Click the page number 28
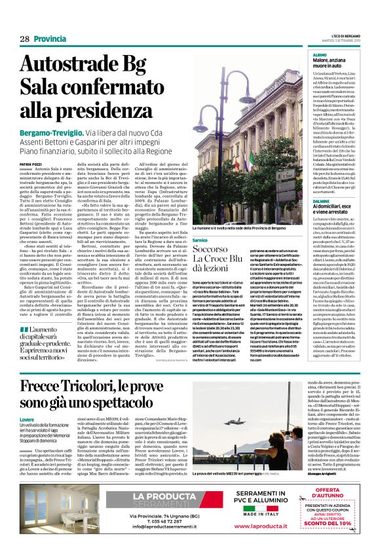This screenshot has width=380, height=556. click(x=25, y=39)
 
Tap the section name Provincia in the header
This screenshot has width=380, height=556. click(x=50, y=39)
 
